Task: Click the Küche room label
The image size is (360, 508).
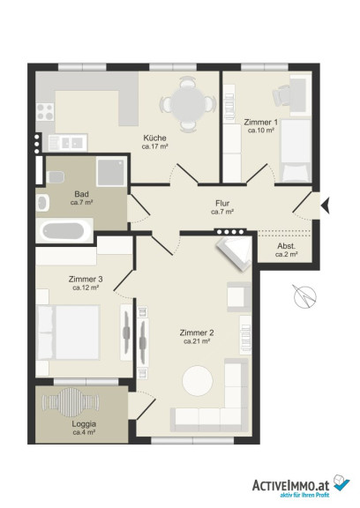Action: click(x=155, y=138)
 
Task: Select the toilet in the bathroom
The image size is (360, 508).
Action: click(x=55, y=177)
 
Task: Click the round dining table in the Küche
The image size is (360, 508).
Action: click(x=188, y=104)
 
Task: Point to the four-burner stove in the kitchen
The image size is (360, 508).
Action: click(x=45, y=112)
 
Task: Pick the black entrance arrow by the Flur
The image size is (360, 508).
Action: click(x=325, y=205)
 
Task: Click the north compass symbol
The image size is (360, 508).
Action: click(x=304, y=296)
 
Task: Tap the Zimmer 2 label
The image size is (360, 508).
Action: click(x=197, y=332)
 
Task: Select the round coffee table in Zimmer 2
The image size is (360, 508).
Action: click(x=198, y=380)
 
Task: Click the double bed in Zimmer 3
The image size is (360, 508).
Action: click(x=68, y=332)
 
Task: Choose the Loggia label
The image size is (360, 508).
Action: click(x=84, y=423)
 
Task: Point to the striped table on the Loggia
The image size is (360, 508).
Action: click(x=71, y=402)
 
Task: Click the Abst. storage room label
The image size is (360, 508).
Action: click(x=286, y=246)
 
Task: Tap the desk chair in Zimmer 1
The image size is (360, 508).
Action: click(x=281, y=94)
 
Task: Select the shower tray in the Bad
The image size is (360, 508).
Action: click(x=111, y=171)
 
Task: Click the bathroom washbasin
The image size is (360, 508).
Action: click(x=42, y=204)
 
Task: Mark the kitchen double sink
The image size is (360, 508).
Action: click(x=68, y=143)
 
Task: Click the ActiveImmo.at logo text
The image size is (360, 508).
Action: click(x=290, y=485)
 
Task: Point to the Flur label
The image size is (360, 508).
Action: click(x=222, y=204)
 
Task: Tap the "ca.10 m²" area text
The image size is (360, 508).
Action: click(x=261, y=131)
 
